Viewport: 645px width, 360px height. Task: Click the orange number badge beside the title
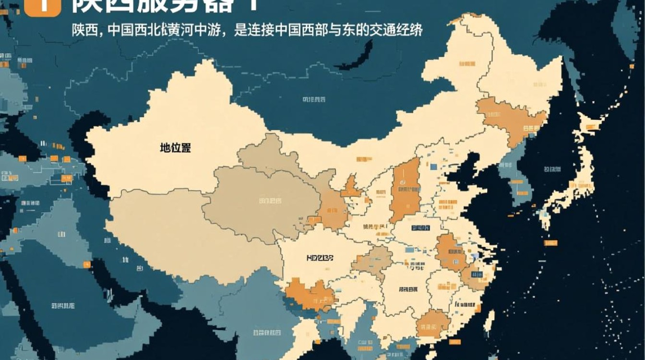(x=42, y=7)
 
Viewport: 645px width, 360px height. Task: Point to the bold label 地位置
(x=175, y=148)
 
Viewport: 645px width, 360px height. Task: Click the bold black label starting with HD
(x=319, y=258)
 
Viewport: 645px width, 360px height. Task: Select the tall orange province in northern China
(x=406, y=190)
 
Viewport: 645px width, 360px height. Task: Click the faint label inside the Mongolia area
(x=314, y=99)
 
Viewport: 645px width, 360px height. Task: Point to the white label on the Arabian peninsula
(x=62, y=305)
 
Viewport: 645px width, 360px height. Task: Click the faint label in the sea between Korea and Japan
(x=552, y=169)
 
